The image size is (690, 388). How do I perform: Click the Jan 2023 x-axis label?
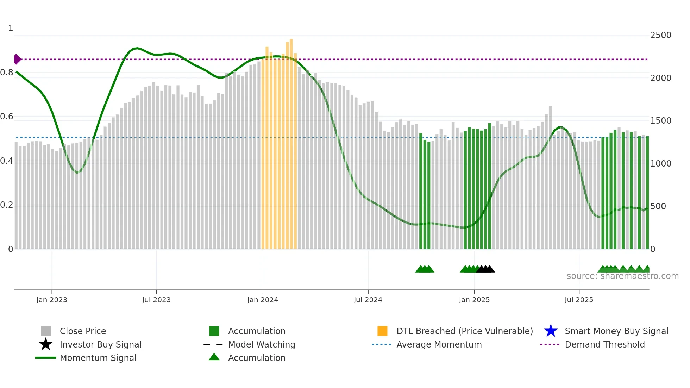(x=52, y=300)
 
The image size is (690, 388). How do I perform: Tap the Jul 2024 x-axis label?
(x=368, y=300)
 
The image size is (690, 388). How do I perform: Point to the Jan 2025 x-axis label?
(x=474, y=300)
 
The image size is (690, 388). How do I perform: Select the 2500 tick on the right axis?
(x=660, y=35)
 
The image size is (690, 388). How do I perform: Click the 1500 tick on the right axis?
(x=660, y=121)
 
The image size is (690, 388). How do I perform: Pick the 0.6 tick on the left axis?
(x=7, y=117)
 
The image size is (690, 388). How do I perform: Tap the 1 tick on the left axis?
(x=11, y=28)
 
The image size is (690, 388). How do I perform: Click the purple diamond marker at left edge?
(x=17, y=59)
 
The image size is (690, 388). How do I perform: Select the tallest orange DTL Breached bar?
(x=291, y=141)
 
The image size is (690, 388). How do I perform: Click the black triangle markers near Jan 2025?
(x=485, y=269)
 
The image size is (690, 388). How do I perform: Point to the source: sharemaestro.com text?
(x=622, y=276)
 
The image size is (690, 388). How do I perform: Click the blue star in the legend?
(x=551, y=331)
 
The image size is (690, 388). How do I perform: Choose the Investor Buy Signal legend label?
(x=100, y=344)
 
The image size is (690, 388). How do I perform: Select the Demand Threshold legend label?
(x=604, y=344)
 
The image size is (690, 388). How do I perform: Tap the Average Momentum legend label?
(x=439, y=344)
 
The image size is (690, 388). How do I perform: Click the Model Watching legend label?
(x=262, y=344)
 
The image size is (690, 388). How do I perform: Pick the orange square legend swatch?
(x=382, y=331)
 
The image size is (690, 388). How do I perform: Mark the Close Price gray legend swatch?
(x=46, y=331)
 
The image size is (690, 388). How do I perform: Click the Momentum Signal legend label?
(x=98, y=358)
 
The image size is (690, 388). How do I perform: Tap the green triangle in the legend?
(x=214, y=357)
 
